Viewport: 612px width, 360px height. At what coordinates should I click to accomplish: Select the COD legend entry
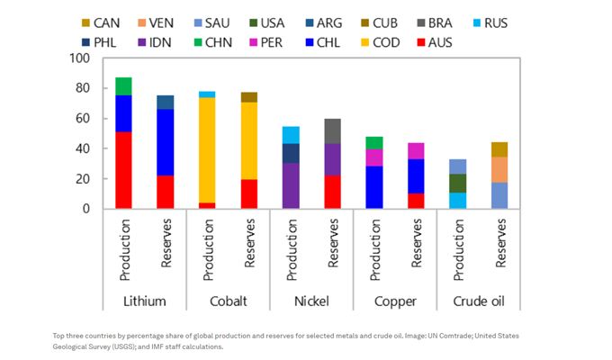click(x=390, y=42)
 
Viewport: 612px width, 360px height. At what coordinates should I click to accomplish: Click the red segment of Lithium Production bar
click(x=123, y=170)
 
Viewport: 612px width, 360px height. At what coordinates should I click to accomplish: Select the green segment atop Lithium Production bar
click(x=123, y=85)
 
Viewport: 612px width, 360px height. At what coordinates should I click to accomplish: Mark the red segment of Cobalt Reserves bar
click(x=248, y=193)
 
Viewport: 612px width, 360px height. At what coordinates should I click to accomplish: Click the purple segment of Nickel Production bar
click(x=291, y=185)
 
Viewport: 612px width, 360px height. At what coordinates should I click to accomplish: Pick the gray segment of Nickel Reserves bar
click(x=332, y=130)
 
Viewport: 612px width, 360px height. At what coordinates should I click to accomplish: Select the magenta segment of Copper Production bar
click(x=373, y=157)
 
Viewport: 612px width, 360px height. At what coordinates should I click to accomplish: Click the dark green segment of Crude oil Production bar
click(x=457, y=183)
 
